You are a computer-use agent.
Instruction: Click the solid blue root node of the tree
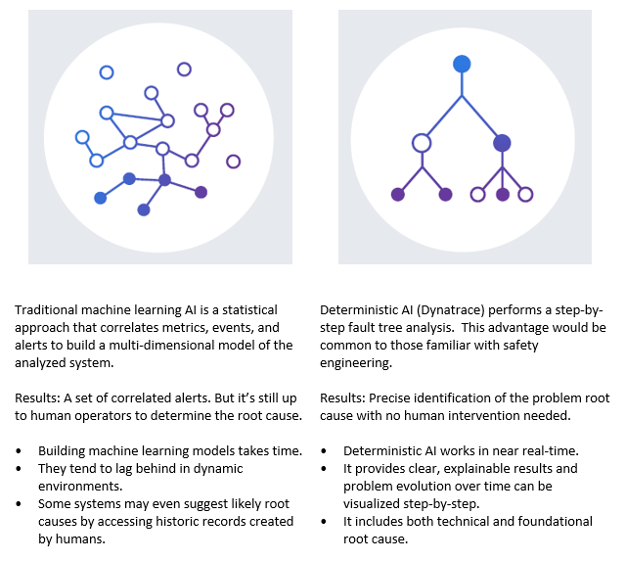coord(462,64)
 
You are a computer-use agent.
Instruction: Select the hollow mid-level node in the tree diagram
coord(422,143)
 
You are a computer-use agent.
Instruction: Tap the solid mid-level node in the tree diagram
coord(502,143)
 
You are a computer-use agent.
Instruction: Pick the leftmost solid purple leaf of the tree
coord(398,194)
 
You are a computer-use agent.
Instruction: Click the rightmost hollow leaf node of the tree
coord(525,194)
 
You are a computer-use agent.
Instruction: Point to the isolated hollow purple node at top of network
coord(184,69)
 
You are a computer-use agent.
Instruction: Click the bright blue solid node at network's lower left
coord(100,198)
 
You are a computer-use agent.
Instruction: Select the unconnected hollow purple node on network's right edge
coord(234,162)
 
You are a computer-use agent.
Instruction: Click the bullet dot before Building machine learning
coord(20,450)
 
